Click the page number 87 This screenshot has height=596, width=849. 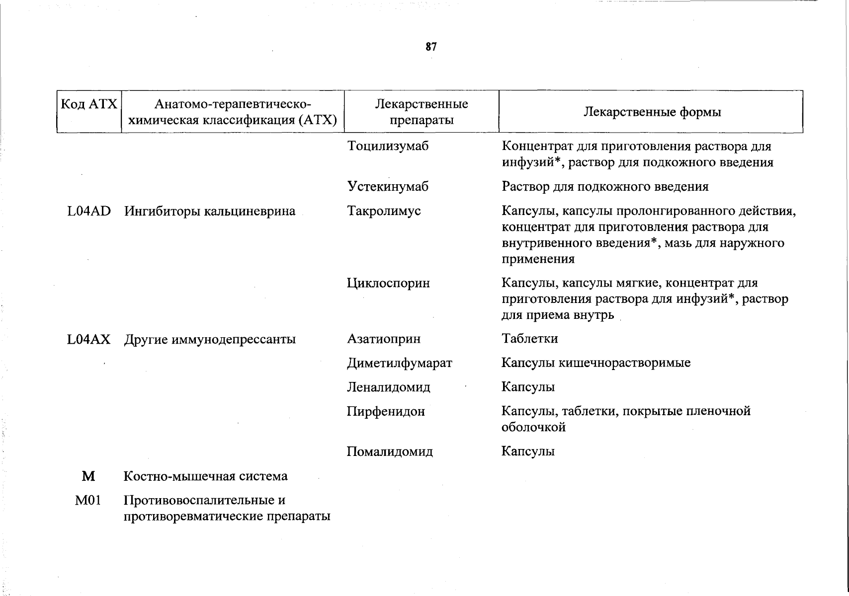coord(431,47)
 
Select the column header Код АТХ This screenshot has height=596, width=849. coord(89,104)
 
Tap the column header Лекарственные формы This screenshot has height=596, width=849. coord(652,112)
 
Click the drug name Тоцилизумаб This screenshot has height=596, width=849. coord(388,146)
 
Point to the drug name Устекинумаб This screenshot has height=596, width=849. coord(388,187)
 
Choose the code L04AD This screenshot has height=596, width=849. coord(89,211)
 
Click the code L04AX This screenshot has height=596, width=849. coord(89,339)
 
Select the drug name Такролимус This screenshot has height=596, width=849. coord(384,211)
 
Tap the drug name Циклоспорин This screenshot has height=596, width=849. coord(388,283)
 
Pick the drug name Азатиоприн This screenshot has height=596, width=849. coord(384,339)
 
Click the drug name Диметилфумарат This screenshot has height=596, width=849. coord(400,363)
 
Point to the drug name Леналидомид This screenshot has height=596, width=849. coord(389,387)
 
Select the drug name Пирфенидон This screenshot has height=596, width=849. coord(386,411)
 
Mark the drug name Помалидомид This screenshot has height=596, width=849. coord(390,451)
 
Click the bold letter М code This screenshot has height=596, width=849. coord(88,476)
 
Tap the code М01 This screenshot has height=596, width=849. coord(88,500)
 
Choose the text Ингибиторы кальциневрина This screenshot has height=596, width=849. coord(210,211)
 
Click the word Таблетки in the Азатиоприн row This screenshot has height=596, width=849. coord(530,339)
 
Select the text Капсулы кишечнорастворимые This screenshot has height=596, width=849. coord(596,363)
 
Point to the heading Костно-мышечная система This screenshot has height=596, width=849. coord(205,476)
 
